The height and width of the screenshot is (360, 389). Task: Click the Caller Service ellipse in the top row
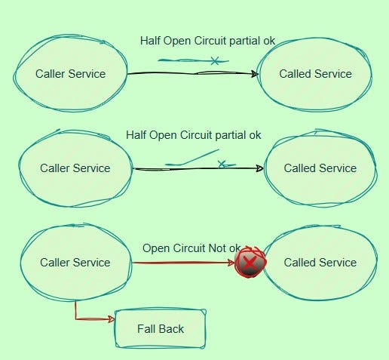(x=70, y=73)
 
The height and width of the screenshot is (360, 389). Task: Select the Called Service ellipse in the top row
(x=315, y=73)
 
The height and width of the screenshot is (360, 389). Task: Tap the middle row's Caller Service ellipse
(x=75, y=168)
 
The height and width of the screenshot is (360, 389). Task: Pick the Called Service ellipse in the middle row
(x=320, y=168)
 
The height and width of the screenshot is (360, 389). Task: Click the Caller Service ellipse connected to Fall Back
(x=75, y=263)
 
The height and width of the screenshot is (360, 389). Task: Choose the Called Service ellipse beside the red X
(x=320, y=263)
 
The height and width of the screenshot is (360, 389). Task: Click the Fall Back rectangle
(x=160, y=329)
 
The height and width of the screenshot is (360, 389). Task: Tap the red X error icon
(x=250, y=263)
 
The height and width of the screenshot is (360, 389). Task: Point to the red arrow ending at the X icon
(x=181, y=263)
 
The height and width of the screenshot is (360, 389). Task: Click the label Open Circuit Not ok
(x=191, y=248)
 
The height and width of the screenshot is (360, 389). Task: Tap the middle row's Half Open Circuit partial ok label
(x=194, y=135)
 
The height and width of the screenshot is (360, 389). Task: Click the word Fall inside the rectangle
(x=147, y=329)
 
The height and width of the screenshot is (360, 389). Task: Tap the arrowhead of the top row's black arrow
(x=254, y=73)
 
